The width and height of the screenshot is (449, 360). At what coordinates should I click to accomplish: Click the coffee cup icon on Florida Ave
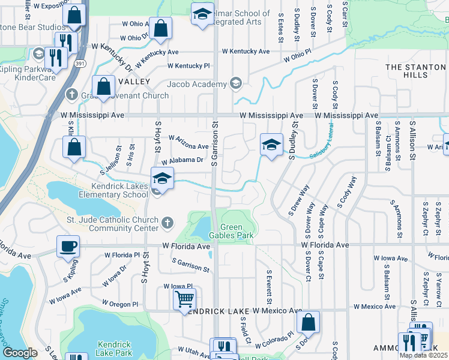point(68,246)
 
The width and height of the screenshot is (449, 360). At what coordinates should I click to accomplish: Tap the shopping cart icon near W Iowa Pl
point(184,298)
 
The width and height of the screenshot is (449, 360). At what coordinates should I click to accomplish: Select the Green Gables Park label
point(238,231)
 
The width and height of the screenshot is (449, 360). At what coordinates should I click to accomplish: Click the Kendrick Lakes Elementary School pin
point(161,178)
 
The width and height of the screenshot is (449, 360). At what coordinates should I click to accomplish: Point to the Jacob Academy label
point(197,84)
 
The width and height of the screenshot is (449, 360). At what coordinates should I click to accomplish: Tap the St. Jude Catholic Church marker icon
point(169,223)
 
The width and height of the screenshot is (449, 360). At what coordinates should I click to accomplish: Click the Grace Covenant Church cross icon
point(71,95)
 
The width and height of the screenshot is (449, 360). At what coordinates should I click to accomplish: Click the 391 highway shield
point(79,63)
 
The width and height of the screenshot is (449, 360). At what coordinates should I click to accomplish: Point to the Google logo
point(20,353)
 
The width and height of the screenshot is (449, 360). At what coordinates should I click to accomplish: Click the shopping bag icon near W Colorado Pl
point(308,322)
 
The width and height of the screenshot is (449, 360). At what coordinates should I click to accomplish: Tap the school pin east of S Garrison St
point(271,145)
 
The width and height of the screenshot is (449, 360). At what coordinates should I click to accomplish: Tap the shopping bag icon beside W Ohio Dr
point(160,28)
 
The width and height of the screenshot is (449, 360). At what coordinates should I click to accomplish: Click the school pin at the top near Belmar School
point(203,14)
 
